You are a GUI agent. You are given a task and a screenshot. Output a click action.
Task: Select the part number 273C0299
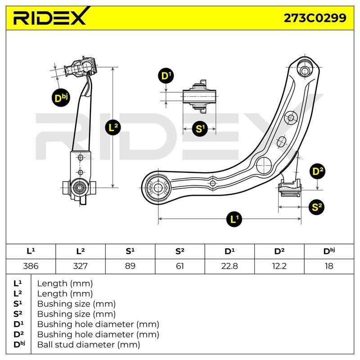(x=315, y=18)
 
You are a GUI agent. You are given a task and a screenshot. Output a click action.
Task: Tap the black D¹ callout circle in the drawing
(x=166, y=76)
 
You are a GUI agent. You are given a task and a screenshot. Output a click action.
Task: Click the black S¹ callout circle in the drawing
(x=199, y=129)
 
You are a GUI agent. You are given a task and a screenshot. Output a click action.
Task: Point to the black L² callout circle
(x=113, y=127)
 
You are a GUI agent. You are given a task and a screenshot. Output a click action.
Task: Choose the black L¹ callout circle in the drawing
(x=234, y=219)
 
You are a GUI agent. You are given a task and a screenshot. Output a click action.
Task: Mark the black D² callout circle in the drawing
(x=317, y=171)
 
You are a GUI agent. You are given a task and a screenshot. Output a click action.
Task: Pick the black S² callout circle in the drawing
(x=316, y=207)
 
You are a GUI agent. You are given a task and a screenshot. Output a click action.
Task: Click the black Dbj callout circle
(x=60, y=98)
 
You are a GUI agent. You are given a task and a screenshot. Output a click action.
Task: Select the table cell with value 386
(x=31, y=266)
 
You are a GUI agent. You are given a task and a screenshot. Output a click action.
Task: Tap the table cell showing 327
(x=81, y=266)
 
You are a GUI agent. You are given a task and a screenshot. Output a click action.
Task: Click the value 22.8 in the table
(x=229, y=266)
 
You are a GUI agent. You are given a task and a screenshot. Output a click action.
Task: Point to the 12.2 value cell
(x=279, y=266)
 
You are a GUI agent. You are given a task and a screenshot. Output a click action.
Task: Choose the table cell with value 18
(x=329, y=266)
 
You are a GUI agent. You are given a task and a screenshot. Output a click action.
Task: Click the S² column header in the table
(x=180, y=252)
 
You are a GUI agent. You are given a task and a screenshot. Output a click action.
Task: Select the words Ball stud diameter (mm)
(x=89, y=345)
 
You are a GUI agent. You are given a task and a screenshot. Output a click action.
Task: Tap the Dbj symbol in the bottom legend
(x=19, y=344)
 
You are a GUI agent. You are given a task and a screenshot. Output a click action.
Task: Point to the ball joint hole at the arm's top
(x=305, y=70)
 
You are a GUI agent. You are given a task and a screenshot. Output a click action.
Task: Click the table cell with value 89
(x=130, y=266)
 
